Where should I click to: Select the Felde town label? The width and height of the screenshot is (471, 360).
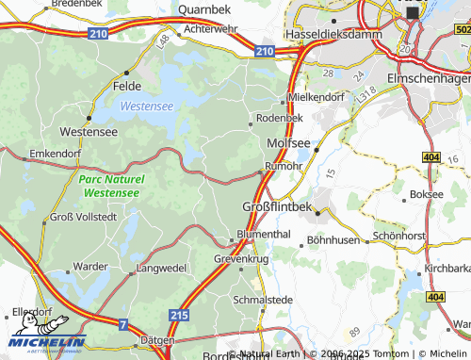click(127, 85)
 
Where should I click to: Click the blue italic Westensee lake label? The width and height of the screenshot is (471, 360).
click(146, 107)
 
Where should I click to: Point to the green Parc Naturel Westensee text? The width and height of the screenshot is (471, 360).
click(111, 186)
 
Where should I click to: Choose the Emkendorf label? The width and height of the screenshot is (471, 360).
click(57, 152)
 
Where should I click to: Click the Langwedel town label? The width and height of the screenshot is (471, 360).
click(161, 269)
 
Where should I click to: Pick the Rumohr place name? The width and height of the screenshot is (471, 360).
click(283, 166)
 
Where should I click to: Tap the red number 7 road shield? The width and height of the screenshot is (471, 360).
click(122, 324)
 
